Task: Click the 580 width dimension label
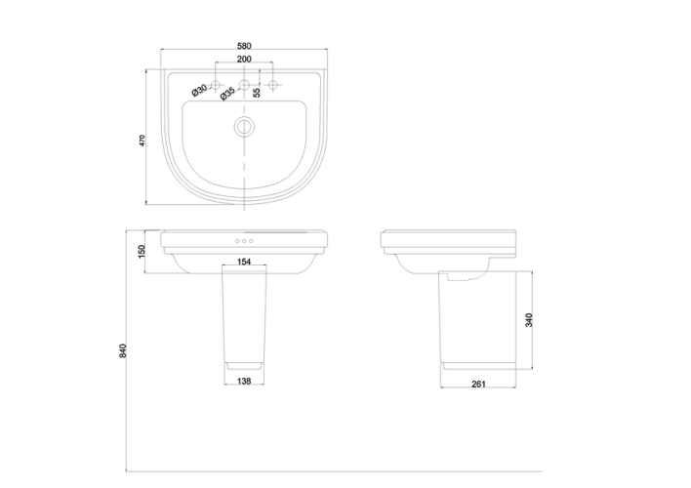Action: [x=244, y=46]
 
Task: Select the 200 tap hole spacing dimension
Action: [x=244, y=60]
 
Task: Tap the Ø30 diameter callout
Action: [x=199, y=90]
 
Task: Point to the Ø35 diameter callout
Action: [x=227, y=94]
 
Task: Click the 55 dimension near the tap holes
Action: [x=257, y=92]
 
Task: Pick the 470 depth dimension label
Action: [x=142, y=141]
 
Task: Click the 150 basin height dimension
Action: [x=142, y=252]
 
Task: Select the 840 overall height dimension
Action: [x=123, y=351]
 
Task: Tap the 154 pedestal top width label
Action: [x=244, y=262]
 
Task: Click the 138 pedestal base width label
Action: [x=244, y=381]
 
